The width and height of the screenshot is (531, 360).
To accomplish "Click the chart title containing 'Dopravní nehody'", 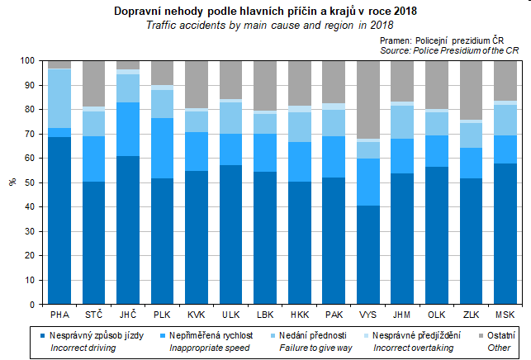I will tap(264, 12).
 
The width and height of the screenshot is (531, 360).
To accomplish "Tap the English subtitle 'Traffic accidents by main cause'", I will tap(264, 25).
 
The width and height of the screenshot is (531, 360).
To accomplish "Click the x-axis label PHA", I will tap(59, 315).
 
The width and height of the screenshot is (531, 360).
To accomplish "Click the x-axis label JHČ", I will tap(127, 315).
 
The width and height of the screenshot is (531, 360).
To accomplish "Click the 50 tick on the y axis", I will tap(31, 182).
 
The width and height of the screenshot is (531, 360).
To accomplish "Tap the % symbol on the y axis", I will tap(12, 182).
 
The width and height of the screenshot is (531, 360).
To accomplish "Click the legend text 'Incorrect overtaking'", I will tap(414, 348).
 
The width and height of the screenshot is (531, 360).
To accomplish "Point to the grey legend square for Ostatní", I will tap(480, 336).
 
